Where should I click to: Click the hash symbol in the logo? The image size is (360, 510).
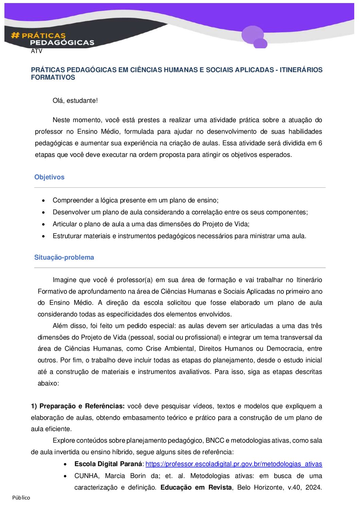[15, 35]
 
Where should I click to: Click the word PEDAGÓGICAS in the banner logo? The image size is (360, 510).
[62, 43]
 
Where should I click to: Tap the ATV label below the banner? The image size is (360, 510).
[36, 51]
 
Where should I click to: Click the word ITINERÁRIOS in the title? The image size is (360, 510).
[301, 70]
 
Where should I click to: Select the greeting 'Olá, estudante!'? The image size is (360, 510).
[75, 101]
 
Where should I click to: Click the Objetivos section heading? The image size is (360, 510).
[49, 177]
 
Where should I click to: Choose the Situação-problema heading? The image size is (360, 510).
[64, 257]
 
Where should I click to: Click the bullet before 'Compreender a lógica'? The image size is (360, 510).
[43, 201]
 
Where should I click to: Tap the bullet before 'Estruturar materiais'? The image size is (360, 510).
[43, 236]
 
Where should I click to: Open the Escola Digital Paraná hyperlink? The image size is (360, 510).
[234, 464]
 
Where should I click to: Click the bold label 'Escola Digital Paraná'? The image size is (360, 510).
[108, 464]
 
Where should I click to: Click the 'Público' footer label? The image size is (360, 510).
[21, 498]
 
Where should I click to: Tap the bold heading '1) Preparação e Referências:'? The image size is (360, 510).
[78, 406]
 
